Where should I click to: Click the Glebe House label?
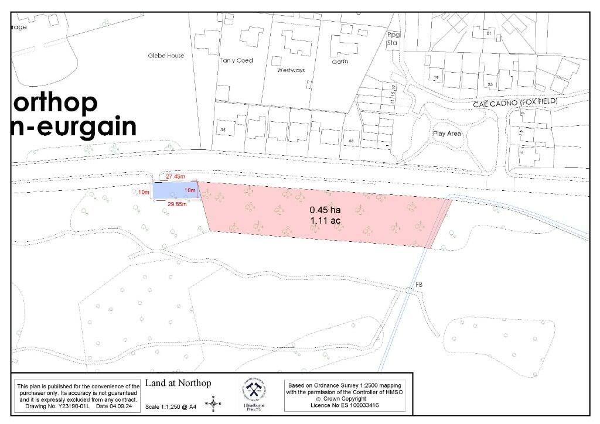[x=166, y=56]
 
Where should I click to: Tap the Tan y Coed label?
[x=236, y=60]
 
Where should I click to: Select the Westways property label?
[x=291, y=70]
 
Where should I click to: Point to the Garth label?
[x=340, y=61]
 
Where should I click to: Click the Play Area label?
[x=447, y=134]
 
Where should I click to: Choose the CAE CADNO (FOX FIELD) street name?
[x=516, y=102]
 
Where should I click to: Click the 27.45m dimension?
[x=176, y=176]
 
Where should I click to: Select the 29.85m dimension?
[x=176, y=204]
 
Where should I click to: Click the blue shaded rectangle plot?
[x=175, y=190]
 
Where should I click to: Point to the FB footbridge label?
[x=418, y=285]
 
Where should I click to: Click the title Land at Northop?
[x=178, y=384]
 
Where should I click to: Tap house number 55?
[x=222, y=129]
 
